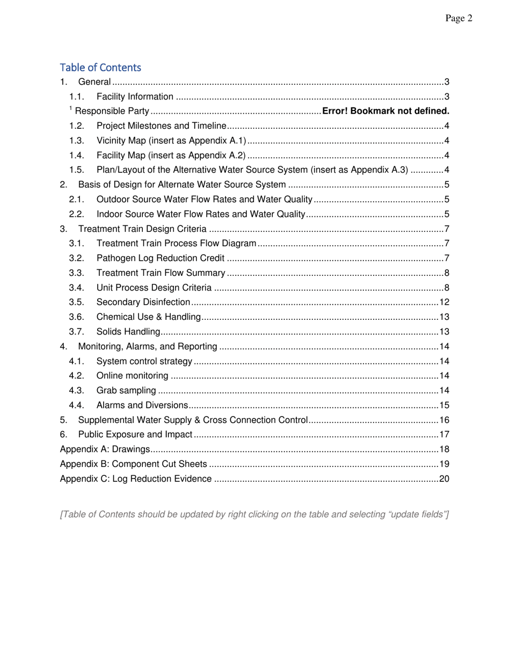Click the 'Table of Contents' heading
100,68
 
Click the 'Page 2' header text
458,19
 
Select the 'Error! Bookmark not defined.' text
384,112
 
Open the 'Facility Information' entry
135,97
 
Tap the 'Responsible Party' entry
111,112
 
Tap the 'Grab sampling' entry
126,390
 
